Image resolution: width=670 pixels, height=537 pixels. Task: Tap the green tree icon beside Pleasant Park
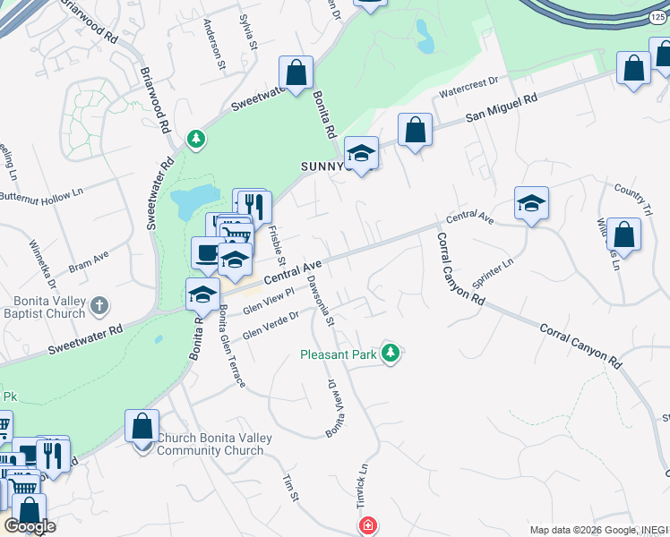coord(390,354)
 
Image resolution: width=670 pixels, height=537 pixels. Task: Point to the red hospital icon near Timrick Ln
coord(366,526)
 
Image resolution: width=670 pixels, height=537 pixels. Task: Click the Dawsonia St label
coord(320,300)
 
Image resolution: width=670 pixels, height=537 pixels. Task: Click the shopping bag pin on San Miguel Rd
coord(415,131)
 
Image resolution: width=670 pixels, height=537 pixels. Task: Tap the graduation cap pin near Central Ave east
coord(531,204)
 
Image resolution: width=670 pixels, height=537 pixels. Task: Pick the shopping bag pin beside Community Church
coord(142,426)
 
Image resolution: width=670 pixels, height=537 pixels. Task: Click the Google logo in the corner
coord(30,526)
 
